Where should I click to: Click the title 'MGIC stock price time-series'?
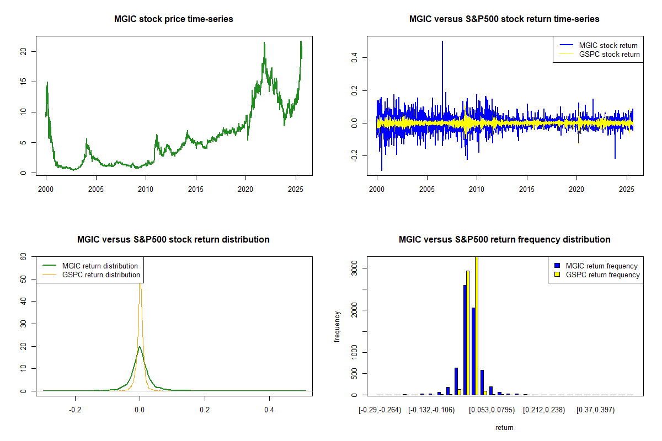(173, 19)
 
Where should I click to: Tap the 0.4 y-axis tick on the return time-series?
(354, 57)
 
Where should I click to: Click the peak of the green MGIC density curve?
(140, 347)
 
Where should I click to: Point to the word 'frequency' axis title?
(338, 327)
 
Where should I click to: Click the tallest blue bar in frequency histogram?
(465, 340)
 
